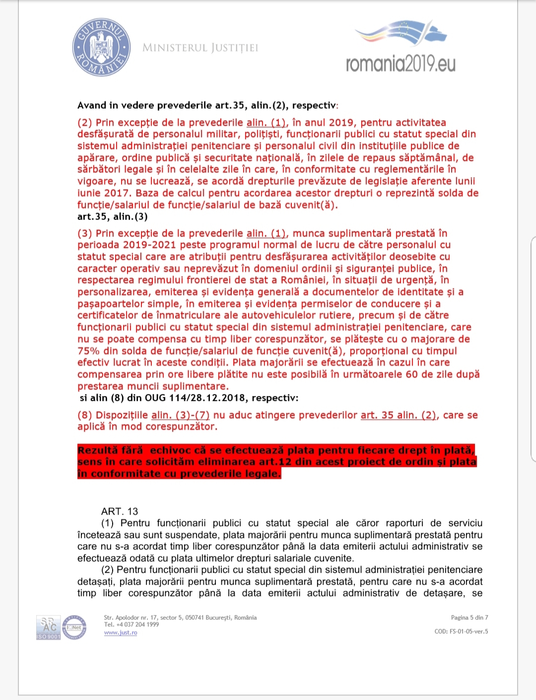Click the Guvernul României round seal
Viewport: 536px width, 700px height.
coord(101,48)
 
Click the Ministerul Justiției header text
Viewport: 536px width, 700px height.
coord(201,48)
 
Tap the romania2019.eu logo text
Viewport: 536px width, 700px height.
coord(401,64)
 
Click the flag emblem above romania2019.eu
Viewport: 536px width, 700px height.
coord(401,34)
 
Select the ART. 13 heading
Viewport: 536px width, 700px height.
coord(120,511)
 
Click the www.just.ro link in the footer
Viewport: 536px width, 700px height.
coord(121,632)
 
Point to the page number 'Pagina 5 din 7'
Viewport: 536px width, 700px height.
coord(469,618)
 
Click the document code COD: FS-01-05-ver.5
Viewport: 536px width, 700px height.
coord(461,631)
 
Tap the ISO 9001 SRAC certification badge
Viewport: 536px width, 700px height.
coord(48,627)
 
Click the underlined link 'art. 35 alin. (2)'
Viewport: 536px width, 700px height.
coord(399,415)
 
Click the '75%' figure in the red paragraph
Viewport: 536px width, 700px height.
coord(89,351)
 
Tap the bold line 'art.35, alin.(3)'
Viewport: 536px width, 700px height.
coord(113,217)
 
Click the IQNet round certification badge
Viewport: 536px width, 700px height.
coord(74,627)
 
